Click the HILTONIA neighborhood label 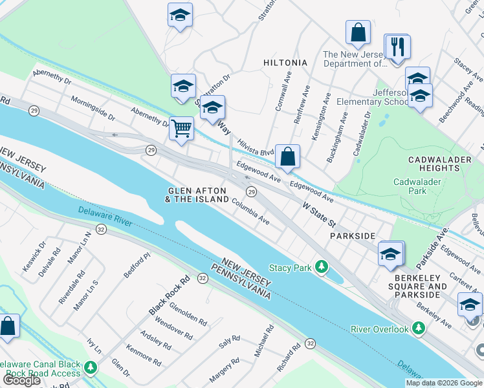coord(285,63)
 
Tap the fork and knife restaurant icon coord(397,47)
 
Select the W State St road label coord(319,213)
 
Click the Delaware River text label coord(105,217)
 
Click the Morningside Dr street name coord(93,109)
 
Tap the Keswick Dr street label coord(34,256)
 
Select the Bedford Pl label coord(137,266)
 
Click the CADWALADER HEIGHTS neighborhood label coord(434,164)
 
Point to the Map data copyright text coord(444,383)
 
